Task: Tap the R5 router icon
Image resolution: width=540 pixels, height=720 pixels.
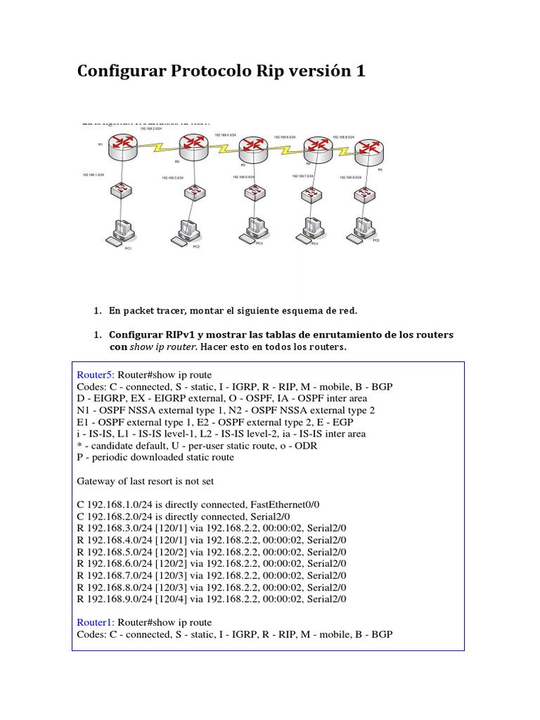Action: tap(369, 149)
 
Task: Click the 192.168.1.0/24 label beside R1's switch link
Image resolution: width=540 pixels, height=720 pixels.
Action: tap(94, 173)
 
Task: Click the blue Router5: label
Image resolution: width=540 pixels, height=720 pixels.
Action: tap(95, 375)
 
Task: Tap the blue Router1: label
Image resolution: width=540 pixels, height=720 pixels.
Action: tap(95, 622)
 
